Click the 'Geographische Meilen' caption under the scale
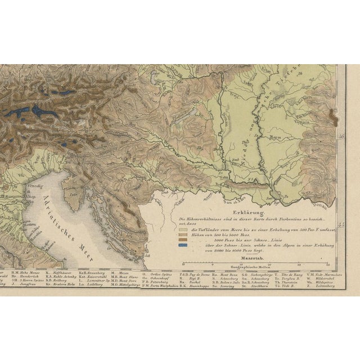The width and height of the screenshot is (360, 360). pyautogui.click(x=251, y=268)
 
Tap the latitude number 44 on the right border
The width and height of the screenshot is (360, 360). pyautogui.click(x=341, y=225)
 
